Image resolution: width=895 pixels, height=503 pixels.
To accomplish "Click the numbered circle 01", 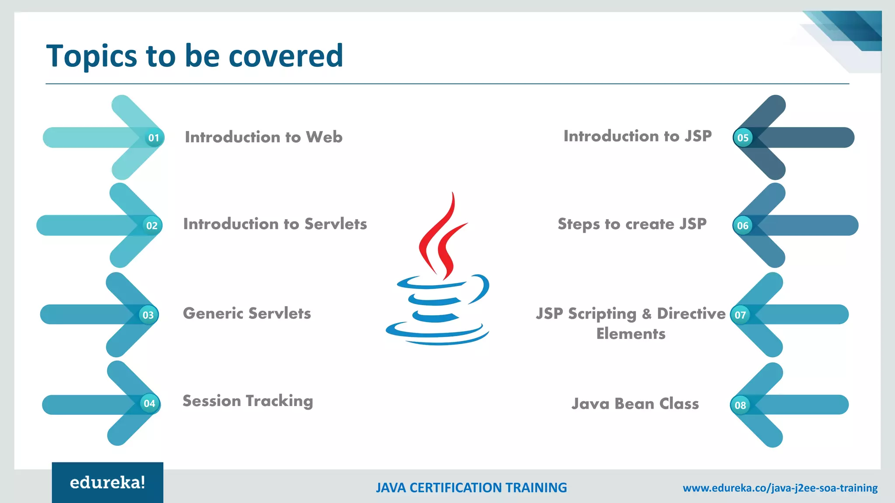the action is [x=153, y=138].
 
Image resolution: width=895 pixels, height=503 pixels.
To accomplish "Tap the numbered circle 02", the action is [x=152, y=226].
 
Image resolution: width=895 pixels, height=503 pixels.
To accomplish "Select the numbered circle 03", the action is [x=148, y=315].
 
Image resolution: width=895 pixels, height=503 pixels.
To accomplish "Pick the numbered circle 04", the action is [x=149, y=403].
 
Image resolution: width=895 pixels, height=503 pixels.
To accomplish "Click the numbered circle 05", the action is [x=743, y=138].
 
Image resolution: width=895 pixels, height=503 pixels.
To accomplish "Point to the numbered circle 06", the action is [x=742, y=226].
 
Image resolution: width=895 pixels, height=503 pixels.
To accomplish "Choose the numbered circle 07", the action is [x=740, y=315].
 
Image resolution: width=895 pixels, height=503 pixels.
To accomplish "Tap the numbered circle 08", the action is [x=740, y=405].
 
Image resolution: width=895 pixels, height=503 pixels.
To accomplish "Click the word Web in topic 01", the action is [x=324, y=137].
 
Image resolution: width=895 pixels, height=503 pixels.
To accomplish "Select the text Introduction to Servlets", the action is [x=275, y=224].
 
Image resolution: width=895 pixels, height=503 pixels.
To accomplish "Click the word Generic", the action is [x=213, y=314].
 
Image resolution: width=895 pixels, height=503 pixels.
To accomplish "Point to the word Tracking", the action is [x=279, y=401].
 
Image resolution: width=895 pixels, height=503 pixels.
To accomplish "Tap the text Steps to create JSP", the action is [x=632, y=224].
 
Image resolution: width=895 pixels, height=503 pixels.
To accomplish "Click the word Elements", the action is [x=631, y=334].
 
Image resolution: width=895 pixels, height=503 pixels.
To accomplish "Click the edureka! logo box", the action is [x=108, y=482].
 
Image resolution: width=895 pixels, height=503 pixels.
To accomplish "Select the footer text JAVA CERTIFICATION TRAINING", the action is [x=471, y=488].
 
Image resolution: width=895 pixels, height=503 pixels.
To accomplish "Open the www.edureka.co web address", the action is [x=780, y=488].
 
